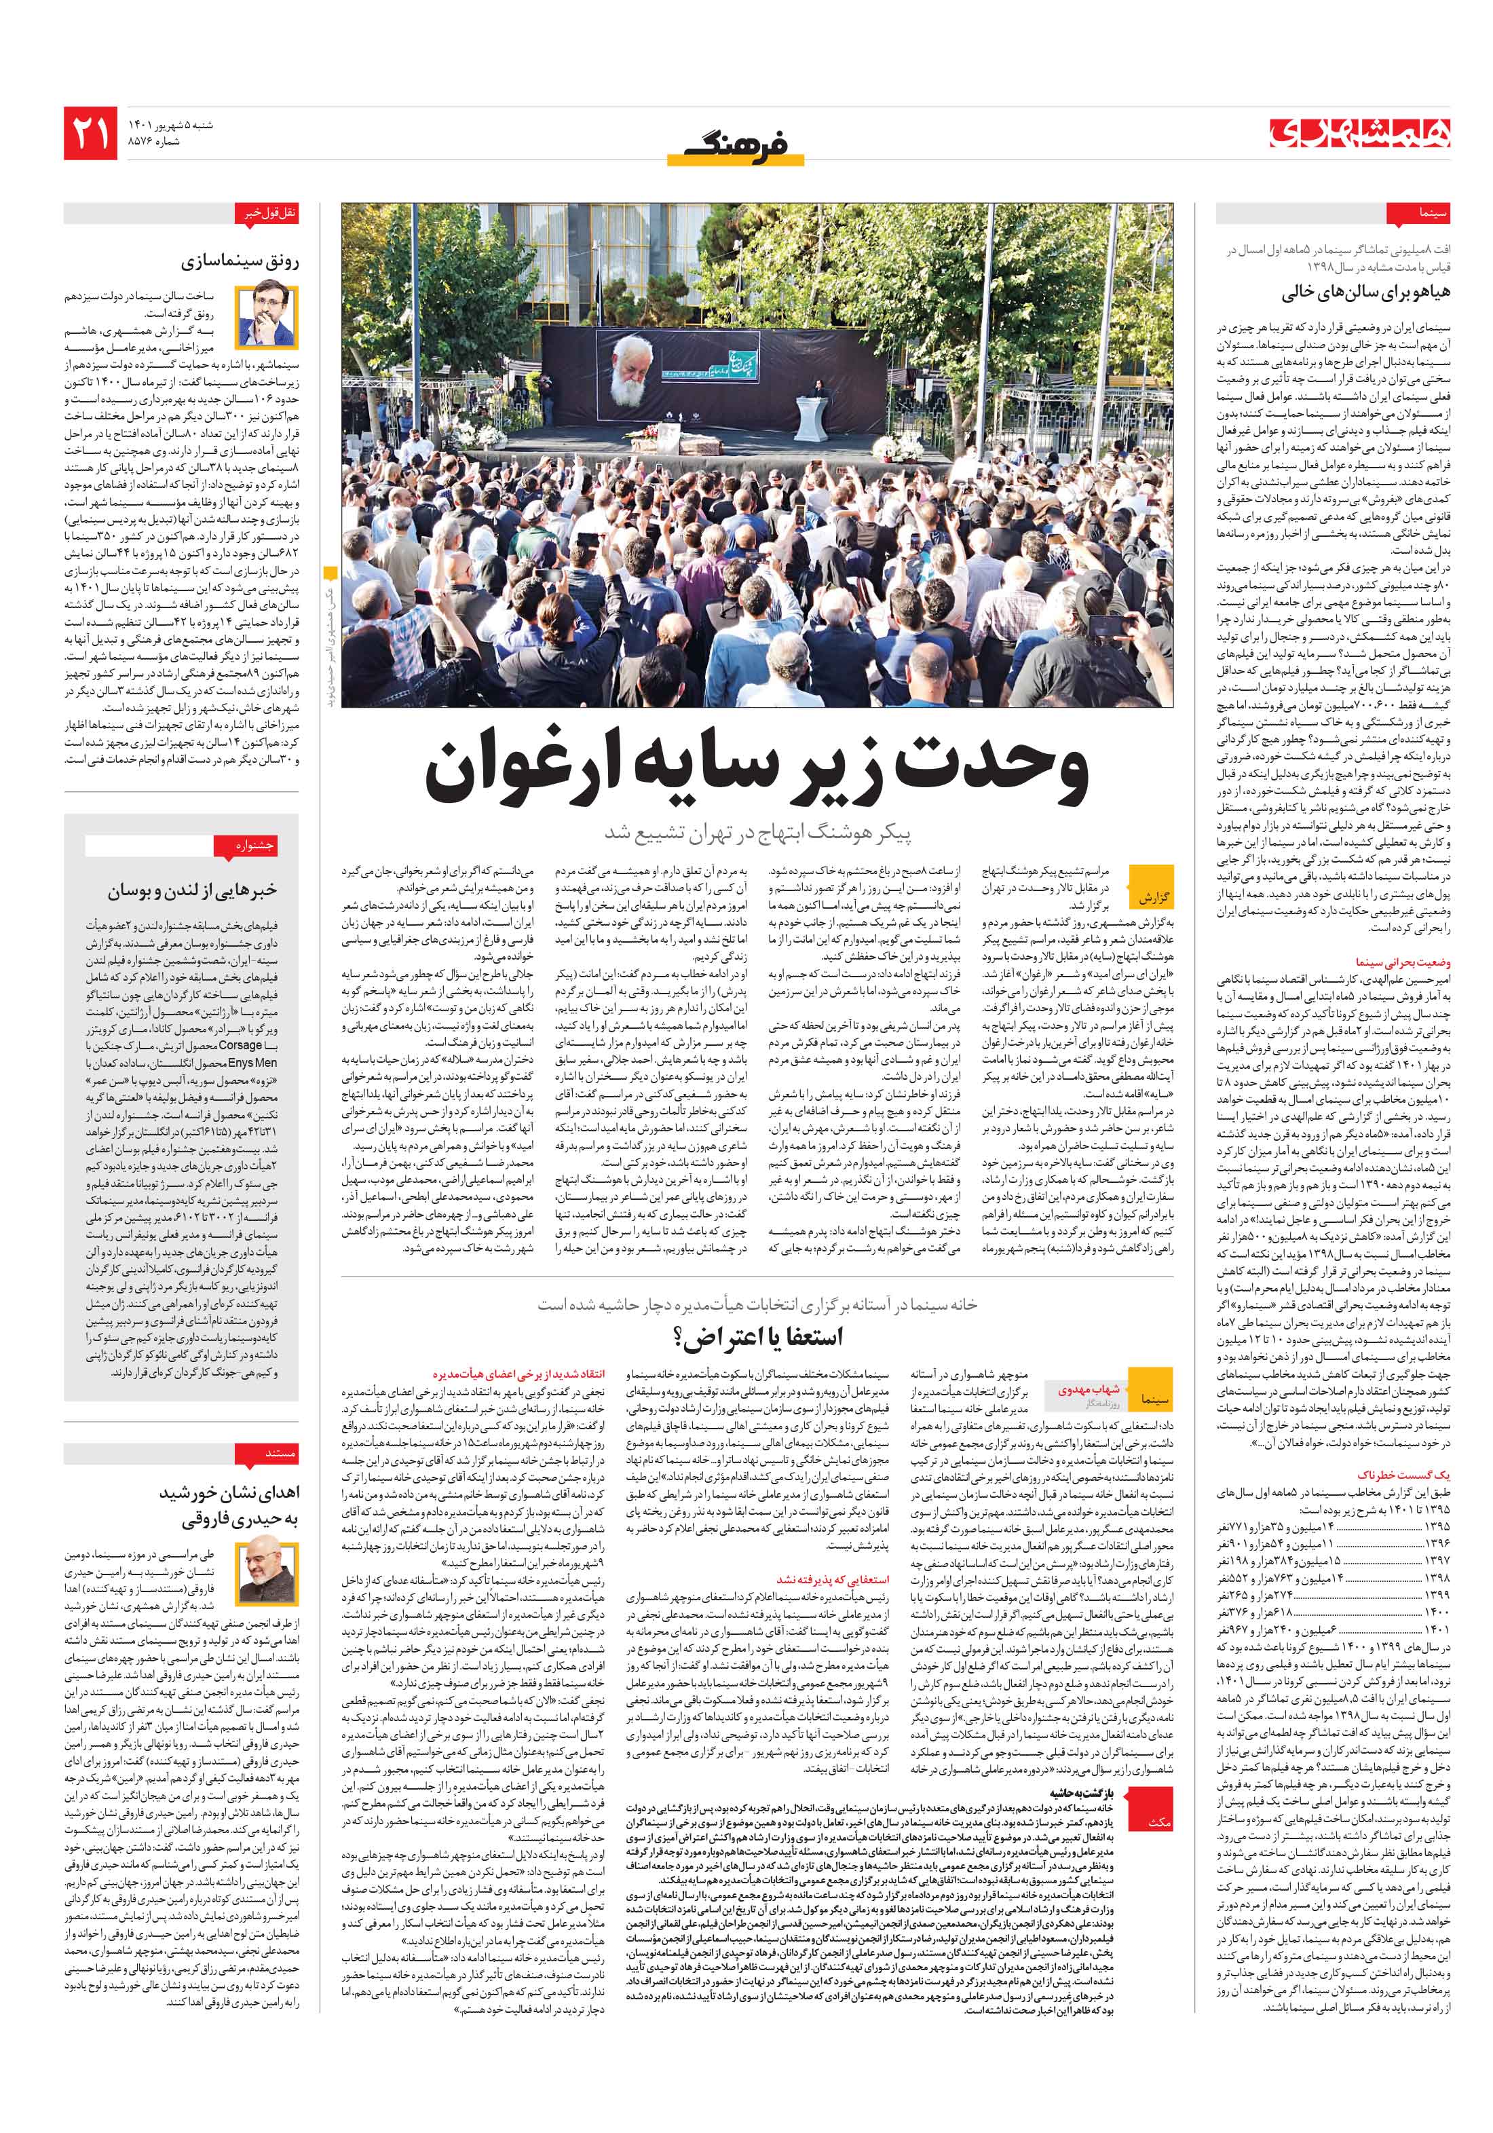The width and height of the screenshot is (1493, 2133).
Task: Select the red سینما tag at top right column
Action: pyautogui.click(x=1407, y=214)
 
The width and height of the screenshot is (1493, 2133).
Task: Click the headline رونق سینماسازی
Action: pyautogui.click(x=245, y=262)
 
